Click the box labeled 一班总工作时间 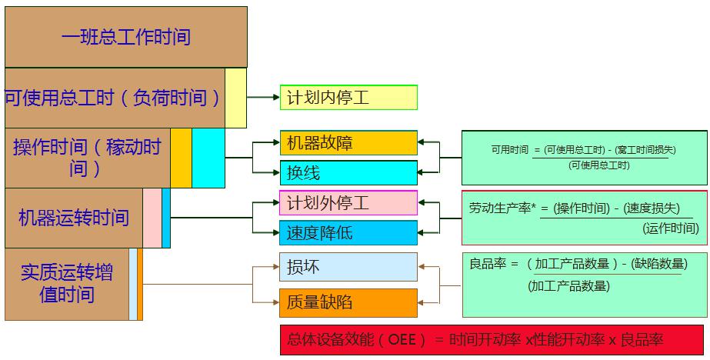[x=125, y=36]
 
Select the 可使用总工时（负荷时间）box [x=114, y=98]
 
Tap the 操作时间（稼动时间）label [x=86, y=157]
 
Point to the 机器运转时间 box [x=74, y=218]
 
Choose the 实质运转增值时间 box [x=67, y=283]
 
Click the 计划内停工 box [x=348, y=98]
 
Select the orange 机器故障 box [x=348, y=143]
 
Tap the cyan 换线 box [x=348, y=172]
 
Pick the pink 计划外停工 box [x=348, y=203]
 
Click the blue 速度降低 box [x=348, y=232]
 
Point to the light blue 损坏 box [x=348, y=267]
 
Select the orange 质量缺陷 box [x=348, y=302]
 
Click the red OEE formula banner [x=492, y=339]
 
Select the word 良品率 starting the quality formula [x=488, y=263]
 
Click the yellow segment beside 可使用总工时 [x=235, y=98]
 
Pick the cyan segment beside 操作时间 [x=208, y=158]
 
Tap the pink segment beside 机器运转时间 [x=152, y=218]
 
